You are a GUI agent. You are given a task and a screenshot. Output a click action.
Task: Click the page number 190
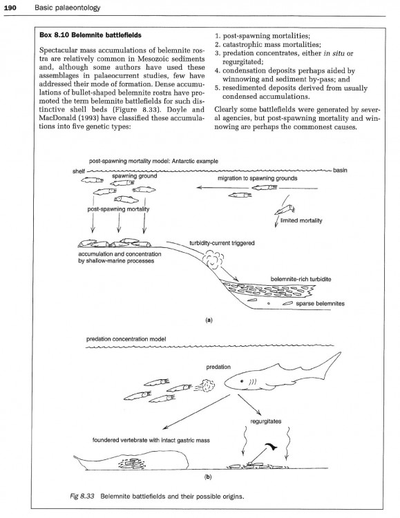coord(10,8)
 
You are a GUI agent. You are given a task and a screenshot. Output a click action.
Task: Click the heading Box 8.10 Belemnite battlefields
coord(91,35)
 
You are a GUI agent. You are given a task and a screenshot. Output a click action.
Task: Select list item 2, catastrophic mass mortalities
coord(268,44)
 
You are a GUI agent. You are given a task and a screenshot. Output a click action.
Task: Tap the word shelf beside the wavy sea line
coord(79,171)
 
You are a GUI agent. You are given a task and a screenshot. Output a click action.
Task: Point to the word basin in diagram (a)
coord(340,170)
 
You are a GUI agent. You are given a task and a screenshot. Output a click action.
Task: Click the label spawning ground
coord(135,175)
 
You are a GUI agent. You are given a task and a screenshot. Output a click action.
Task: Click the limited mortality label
coord(301,220)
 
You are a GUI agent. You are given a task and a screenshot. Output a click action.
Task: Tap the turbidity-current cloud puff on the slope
coord(214,259)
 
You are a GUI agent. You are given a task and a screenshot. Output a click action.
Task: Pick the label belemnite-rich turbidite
coord(301,279)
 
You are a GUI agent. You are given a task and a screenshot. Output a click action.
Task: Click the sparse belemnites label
coord(321,303)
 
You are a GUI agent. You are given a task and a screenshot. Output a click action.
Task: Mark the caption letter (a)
coord(209,320)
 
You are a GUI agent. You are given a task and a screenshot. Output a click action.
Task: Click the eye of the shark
coord(242,381)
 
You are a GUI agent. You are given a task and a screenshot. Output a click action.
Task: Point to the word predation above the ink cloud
coord(218,367)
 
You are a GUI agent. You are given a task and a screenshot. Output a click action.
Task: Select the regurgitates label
coord(266,421)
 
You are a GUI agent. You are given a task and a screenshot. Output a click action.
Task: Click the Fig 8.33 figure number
coord(82,496)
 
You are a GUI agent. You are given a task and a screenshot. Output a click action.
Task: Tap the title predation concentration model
coord(126,339)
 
